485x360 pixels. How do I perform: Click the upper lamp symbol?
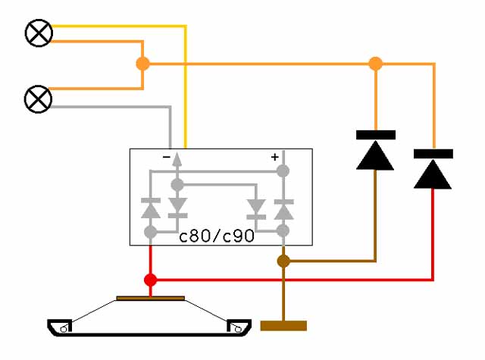[x=39, y=33]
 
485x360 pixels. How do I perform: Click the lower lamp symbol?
[x=38, y=99]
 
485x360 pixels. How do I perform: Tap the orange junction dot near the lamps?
[x=143, y=64]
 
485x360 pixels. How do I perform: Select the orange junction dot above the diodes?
[x=376, y=64]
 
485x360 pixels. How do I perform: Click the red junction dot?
[x=151, y=280]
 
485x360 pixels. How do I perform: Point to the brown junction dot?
[x=283, y=261]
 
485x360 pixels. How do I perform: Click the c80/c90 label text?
[x=217, y=236]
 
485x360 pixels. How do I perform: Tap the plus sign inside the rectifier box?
[x=274, y=157]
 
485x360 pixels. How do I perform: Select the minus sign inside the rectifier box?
[x=167, y=157]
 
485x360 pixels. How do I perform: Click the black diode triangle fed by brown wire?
[x=375, y=155]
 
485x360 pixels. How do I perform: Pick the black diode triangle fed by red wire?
[x=433, y=174]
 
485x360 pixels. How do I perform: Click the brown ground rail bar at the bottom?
[x=283, y=326]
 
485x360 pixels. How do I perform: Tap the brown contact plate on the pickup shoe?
[x=151, y=298]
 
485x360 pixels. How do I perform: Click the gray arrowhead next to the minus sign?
[x=177, y=159]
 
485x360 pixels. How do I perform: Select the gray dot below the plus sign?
[x=283, y=171]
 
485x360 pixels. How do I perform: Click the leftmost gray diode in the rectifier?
[x=151, y=208]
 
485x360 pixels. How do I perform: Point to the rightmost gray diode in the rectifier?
[x=284, y=210]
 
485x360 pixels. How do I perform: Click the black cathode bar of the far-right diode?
[x=433, y=154]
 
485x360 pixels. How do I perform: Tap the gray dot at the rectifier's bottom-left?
[x=151, y=232]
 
